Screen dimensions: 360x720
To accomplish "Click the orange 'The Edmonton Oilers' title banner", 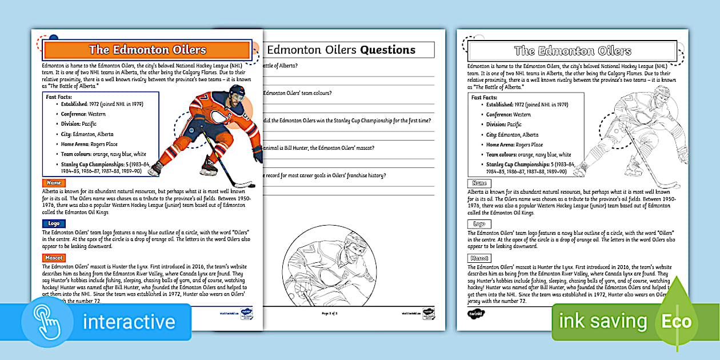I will (x=147, y=50).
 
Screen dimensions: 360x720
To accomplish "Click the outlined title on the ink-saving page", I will (x=573, y=51).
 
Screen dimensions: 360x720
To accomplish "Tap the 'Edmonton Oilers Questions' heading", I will (x=342, y=50).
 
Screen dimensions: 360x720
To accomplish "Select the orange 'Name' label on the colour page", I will (x=54, y=183).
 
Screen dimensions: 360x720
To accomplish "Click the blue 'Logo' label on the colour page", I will (x=54, y=224).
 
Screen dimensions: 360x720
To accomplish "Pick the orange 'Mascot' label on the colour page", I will (x=54, y=258).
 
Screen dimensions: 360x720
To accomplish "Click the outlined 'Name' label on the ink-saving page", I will (x=479, y=183).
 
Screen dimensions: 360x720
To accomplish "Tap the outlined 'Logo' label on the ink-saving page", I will (x=479, y=225).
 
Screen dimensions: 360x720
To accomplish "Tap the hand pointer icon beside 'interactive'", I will (x=47, y=321).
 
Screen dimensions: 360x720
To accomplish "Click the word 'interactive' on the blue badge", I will (x=129, y=322).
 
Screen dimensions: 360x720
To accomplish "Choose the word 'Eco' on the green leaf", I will (x=677, y=321).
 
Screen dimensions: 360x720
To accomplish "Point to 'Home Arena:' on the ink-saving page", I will (x=500, y=145).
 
